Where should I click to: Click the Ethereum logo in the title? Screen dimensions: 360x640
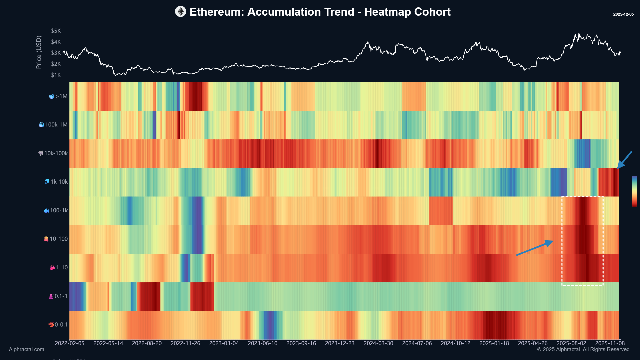(180, 12)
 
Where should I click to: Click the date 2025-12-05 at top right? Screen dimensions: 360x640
(623, 14)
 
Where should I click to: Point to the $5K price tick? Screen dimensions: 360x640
(56, 31)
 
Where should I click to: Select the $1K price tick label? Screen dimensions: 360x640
(56, 75)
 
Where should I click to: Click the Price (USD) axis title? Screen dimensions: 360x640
(39, 52)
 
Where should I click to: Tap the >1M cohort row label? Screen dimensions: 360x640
(58, 96)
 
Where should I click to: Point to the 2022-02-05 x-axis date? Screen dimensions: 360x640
(69, 343)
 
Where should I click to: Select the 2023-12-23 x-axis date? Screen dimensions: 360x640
(340, 343)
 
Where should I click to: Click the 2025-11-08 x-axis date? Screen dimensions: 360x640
(610, 343)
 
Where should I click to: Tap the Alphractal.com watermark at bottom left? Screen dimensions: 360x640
(26, 349)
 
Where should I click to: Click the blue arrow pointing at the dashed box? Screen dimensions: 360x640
(535, 248)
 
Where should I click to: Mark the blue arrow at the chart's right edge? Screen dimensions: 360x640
(624, 160)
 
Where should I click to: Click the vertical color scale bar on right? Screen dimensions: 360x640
(634, 191)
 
